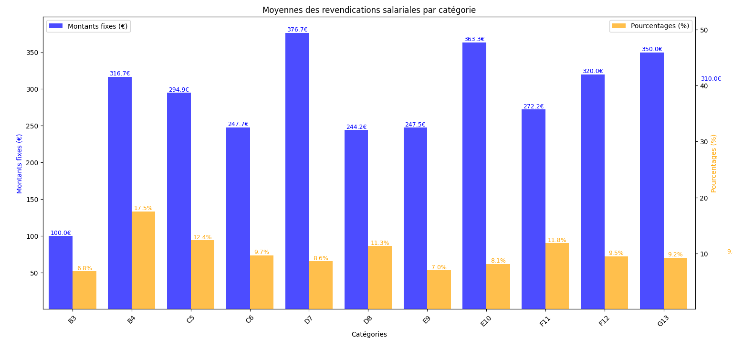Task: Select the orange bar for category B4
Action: pos(143,260)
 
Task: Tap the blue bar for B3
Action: pos(61,272)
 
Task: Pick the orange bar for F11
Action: pos(557,276)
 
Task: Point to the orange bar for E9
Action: pos(439,289)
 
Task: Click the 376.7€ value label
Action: pos(297,30)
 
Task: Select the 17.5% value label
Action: pos(143,208)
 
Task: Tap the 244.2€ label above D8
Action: pos(356,127)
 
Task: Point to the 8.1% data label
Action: pos(498,261)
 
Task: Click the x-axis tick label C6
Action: pos(250,319)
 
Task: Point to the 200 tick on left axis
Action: pos(33,163)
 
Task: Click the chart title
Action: pos(369,10)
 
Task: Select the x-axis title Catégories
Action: pos(369,335)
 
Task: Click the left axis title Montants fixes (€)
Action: pos(20,163)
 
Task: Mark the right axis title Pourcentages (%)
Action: pos(714,163)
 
